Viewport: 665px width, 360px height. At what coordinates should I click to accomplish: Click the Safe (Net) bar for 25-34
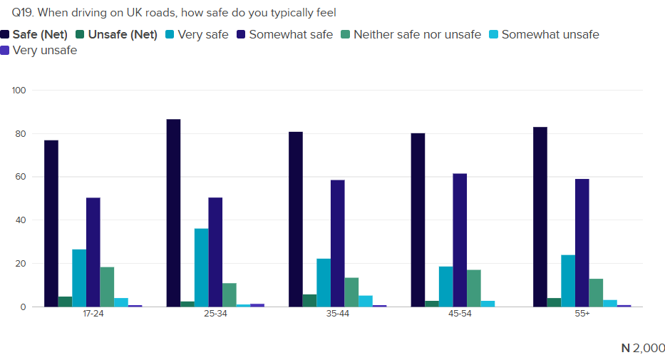point(173,213)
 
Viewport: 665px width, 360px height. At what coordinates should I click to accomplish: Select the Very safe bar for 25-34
point(202,267)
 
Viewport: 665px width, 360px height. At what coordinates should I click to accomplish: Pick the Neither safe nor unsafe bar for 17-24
point(107,287)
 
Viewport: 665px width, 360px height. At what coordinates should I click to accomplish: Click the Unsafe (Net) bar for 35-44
point(309,300)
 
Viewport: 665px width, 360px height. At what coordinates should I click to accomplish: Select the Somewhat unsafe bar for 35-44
point(366,301)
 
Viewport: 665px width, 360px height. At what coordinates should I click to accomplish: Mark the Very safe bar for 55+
point(568,281)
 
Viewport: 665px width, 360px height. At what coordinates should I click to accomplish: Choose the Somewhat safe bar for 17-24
point(93,252)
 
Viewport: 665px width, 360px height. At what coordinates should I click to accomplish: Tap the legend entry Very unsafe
point(44,50)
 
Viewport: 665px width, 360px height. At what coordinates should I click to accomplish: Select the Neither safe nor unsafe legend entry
point(417,34)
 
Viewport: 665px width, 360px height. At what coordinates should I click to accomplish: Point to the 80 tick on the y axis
point(19,134)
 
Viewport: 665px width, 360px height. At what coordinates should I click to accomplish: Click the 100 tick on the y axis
point(19,91)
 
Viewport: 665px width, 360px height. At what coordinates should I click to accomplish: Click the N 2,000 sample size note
point(643,348)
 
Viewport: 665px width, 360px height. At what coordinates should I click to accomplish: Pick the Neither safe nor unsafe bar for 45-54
point(474,288)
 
